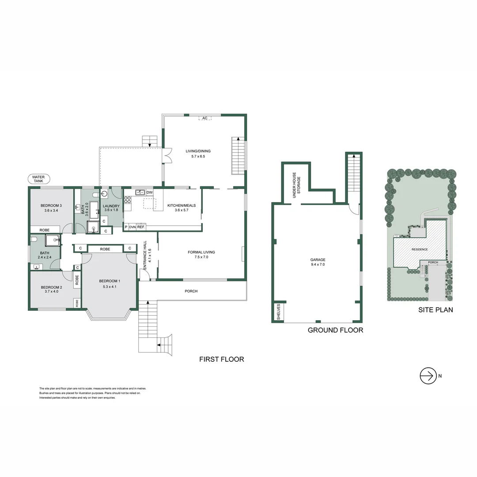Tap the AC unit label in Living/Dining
204,118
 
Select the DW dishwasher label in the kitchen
149,193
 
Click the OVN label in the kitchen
132,227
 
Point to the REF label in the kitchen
141,227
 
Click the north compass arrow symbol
427,376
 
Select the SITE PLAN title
435,310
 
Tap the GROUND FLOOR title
335,330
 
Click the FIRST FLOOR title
222,360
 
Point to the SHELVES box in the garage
278,312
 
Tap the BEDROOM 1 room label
110,281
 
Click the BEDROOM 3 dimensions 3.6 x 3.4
51,211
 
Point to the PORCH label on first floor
191,291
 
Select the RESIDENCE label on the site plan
420,250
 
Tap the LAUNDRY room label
111,206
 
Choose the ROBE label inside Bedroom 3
45,230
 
